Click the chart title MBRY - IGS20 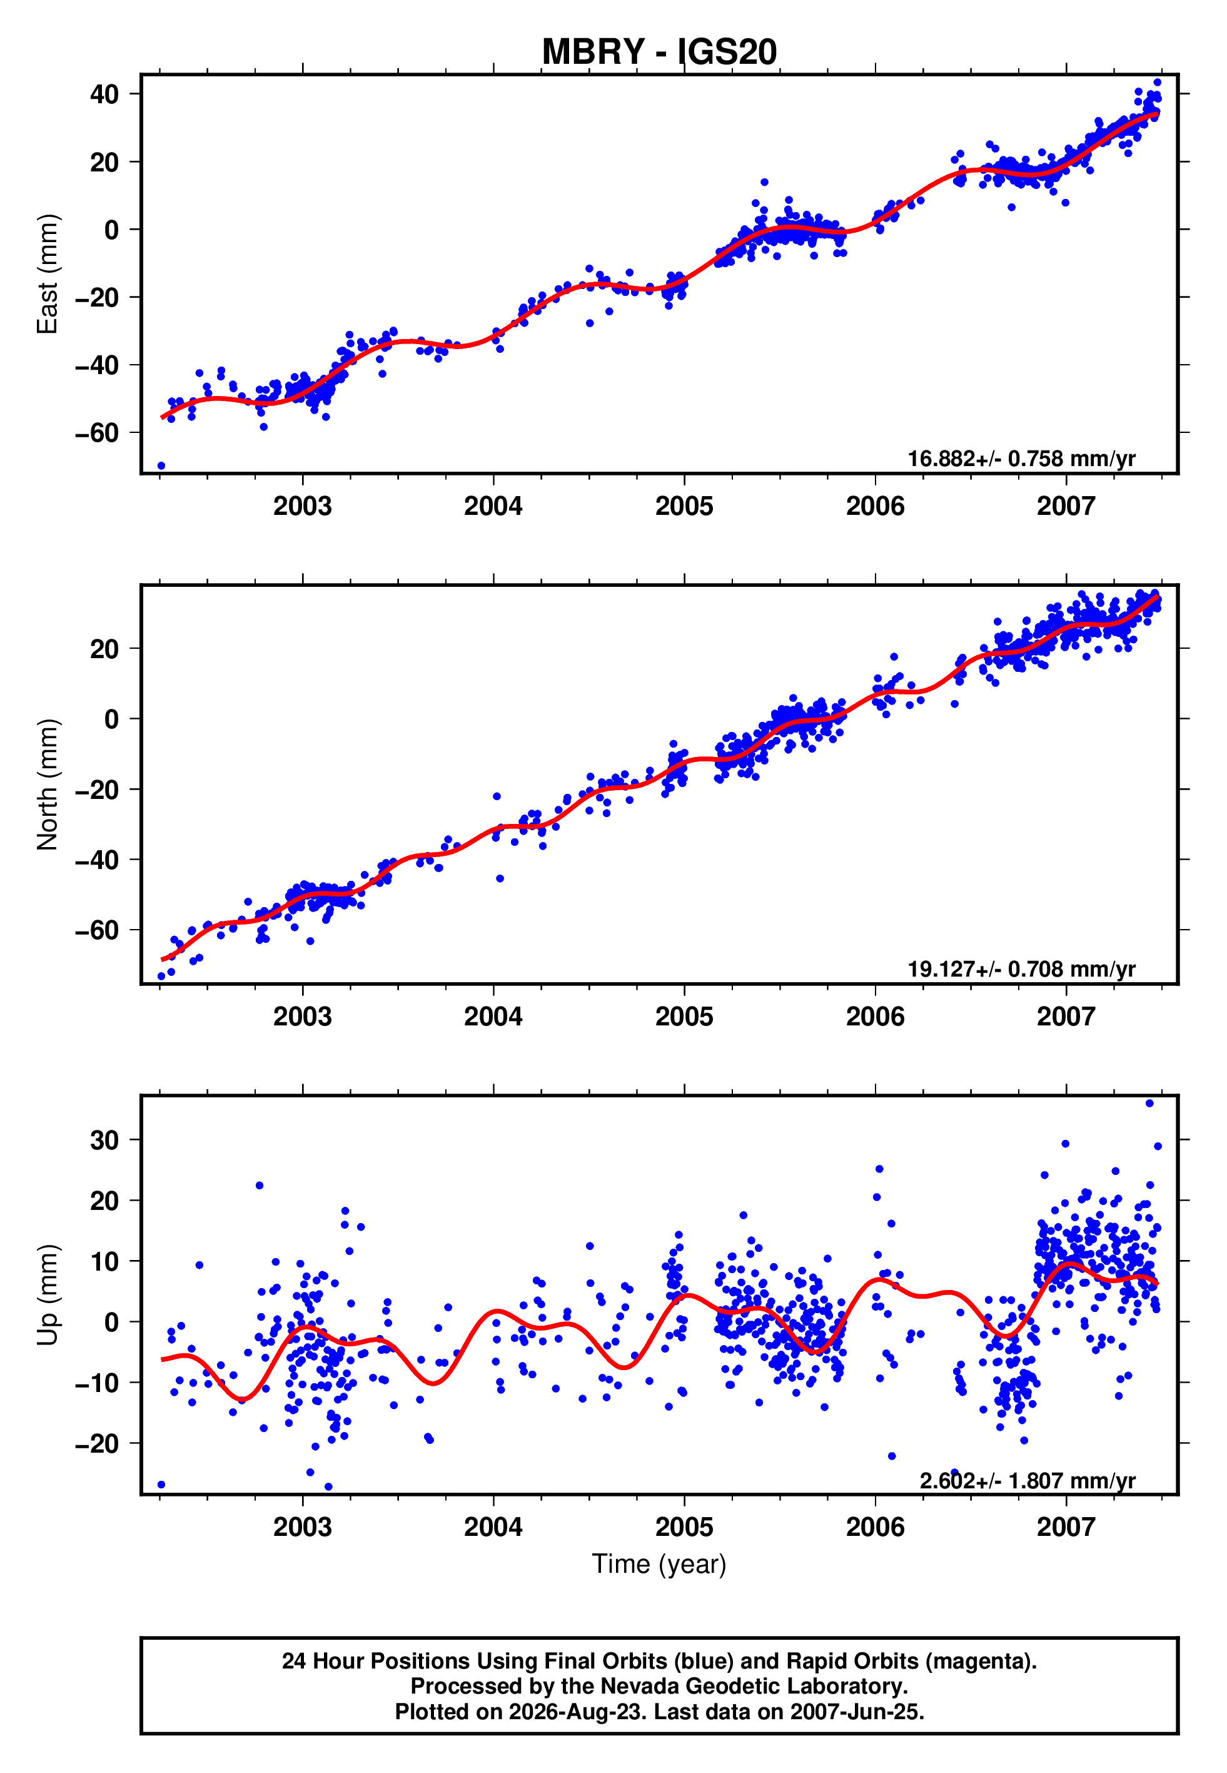point(659,53)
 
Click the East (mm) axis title point(48,274)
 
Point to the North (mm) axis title point(48,785)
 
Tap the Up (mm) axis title point(48,1295)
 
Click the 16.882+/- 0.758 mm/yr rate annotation point(1021,459)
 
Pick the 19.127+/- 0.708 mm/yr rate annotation point(1021,970)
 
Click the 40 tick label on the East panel point(104,94)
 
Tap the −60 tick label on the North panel point(97,930)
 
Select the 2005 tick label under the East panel point(684,506)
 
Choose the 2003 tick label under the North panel point(302,1017)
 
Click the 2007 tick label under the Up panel point(1066,1527)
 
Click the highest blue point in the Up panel point(1149,1104)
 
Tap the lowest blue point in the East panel point(161,466)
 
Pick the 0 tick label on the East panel point(112,230)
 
